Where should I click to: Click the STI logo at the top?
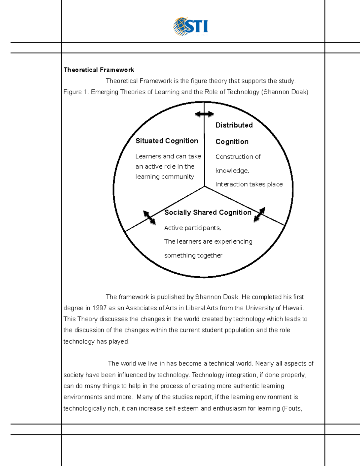pos(191,26)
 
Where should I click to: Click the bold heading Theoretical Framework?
pos(99,70)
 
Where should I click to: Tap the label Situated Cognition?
pos(166,141)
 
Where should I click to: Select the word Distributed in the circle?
pos(234,125)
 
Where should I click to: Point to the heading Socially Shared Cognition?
pos(208,212)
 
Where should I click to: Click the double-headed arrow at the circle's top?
pos(204,114)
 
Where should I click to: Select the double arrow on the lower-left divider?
pos(149,218)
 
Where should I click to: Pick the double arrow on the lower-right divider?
pos(259,215)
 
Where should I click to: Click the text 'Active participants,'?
pos(192,228)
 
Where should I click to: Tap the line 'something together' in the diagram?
pos(193,255)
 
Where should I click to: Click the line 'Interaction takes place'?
pos(249,184)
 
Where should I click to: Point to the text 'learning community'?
pos(164,177)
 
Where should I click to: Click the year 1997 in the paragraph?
pos(100,308)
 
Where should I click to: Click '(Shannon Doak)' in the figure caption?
pos(285,92)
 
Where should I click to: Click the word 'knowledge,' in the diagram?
pos(232,171)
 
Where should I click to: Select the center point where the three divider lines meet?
pos(205,186)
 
